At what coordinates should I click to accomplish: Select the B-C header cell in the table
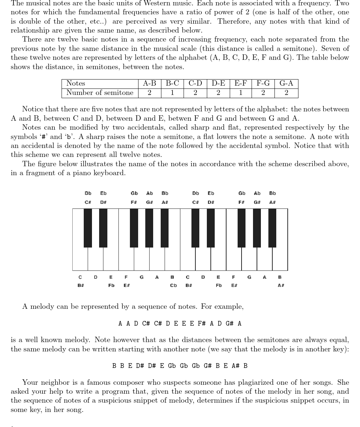coord(172,83)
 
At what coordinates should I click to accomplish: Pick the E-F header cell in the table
coord(240,83)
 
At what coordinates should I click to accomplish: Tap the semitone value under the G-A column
coord(286,93)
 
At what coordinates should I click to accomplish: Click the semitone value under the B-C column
coord(172,93)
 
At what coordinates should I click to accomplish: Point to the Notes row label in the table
coord(76,83)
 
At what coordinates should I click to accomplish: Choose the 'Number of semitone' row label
coord(99,93)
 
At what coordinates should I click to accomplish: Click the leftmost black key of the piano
coord(88,228)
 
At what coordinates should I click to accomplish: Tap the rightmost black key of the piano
coord(272,228)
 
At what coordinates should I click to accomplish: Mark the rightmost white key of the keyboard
coord(280,258)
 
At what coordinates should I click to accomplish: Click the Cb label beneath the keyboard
coord(173,286)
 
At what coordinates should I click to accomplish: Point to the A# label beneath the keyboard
coord(281,286)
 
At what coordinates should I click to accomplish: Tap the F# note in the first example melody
coord(201,323)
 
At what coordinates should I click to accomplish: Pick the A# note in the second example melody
coord(235,366)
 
